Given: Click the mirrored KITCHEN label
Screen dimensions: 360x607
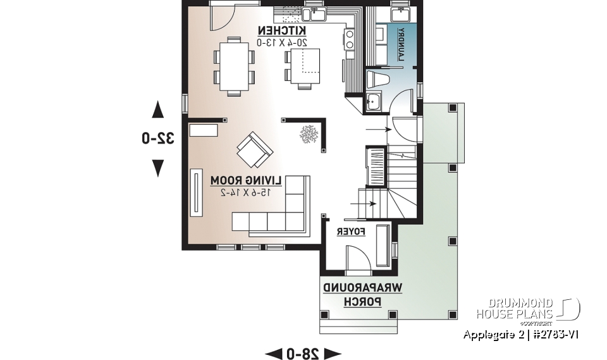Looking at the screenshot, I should pos(282,30).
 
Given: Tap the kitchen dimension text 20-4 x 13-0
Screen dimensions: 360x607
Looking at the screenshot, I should pos(282,42).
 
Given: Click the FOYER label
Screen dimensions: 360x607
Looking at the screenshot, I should pos(351,232).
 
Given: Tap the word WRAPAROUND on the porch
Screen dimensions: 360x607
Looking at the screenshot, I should pos(363,289).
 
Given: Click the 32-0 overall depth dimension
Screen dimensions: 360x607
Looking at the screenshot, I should pos(157,138).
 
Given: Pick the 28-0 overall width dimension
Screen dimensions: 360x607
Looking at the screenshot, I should pos(302,352).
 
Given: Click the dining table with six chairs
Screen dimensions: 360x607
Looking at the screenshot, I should pos(233,66).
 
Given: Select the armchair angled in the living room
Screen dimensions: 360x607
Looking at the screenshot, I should pos(254,149).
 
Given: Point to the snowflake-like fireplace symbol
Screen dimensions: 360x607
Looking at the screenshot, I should pos(309,135).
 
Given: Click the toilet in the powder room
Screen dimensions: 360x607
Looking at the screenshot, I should pos(381,80).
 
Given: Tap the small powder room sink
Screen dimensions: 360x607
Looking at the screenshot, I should pos(373,101).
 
